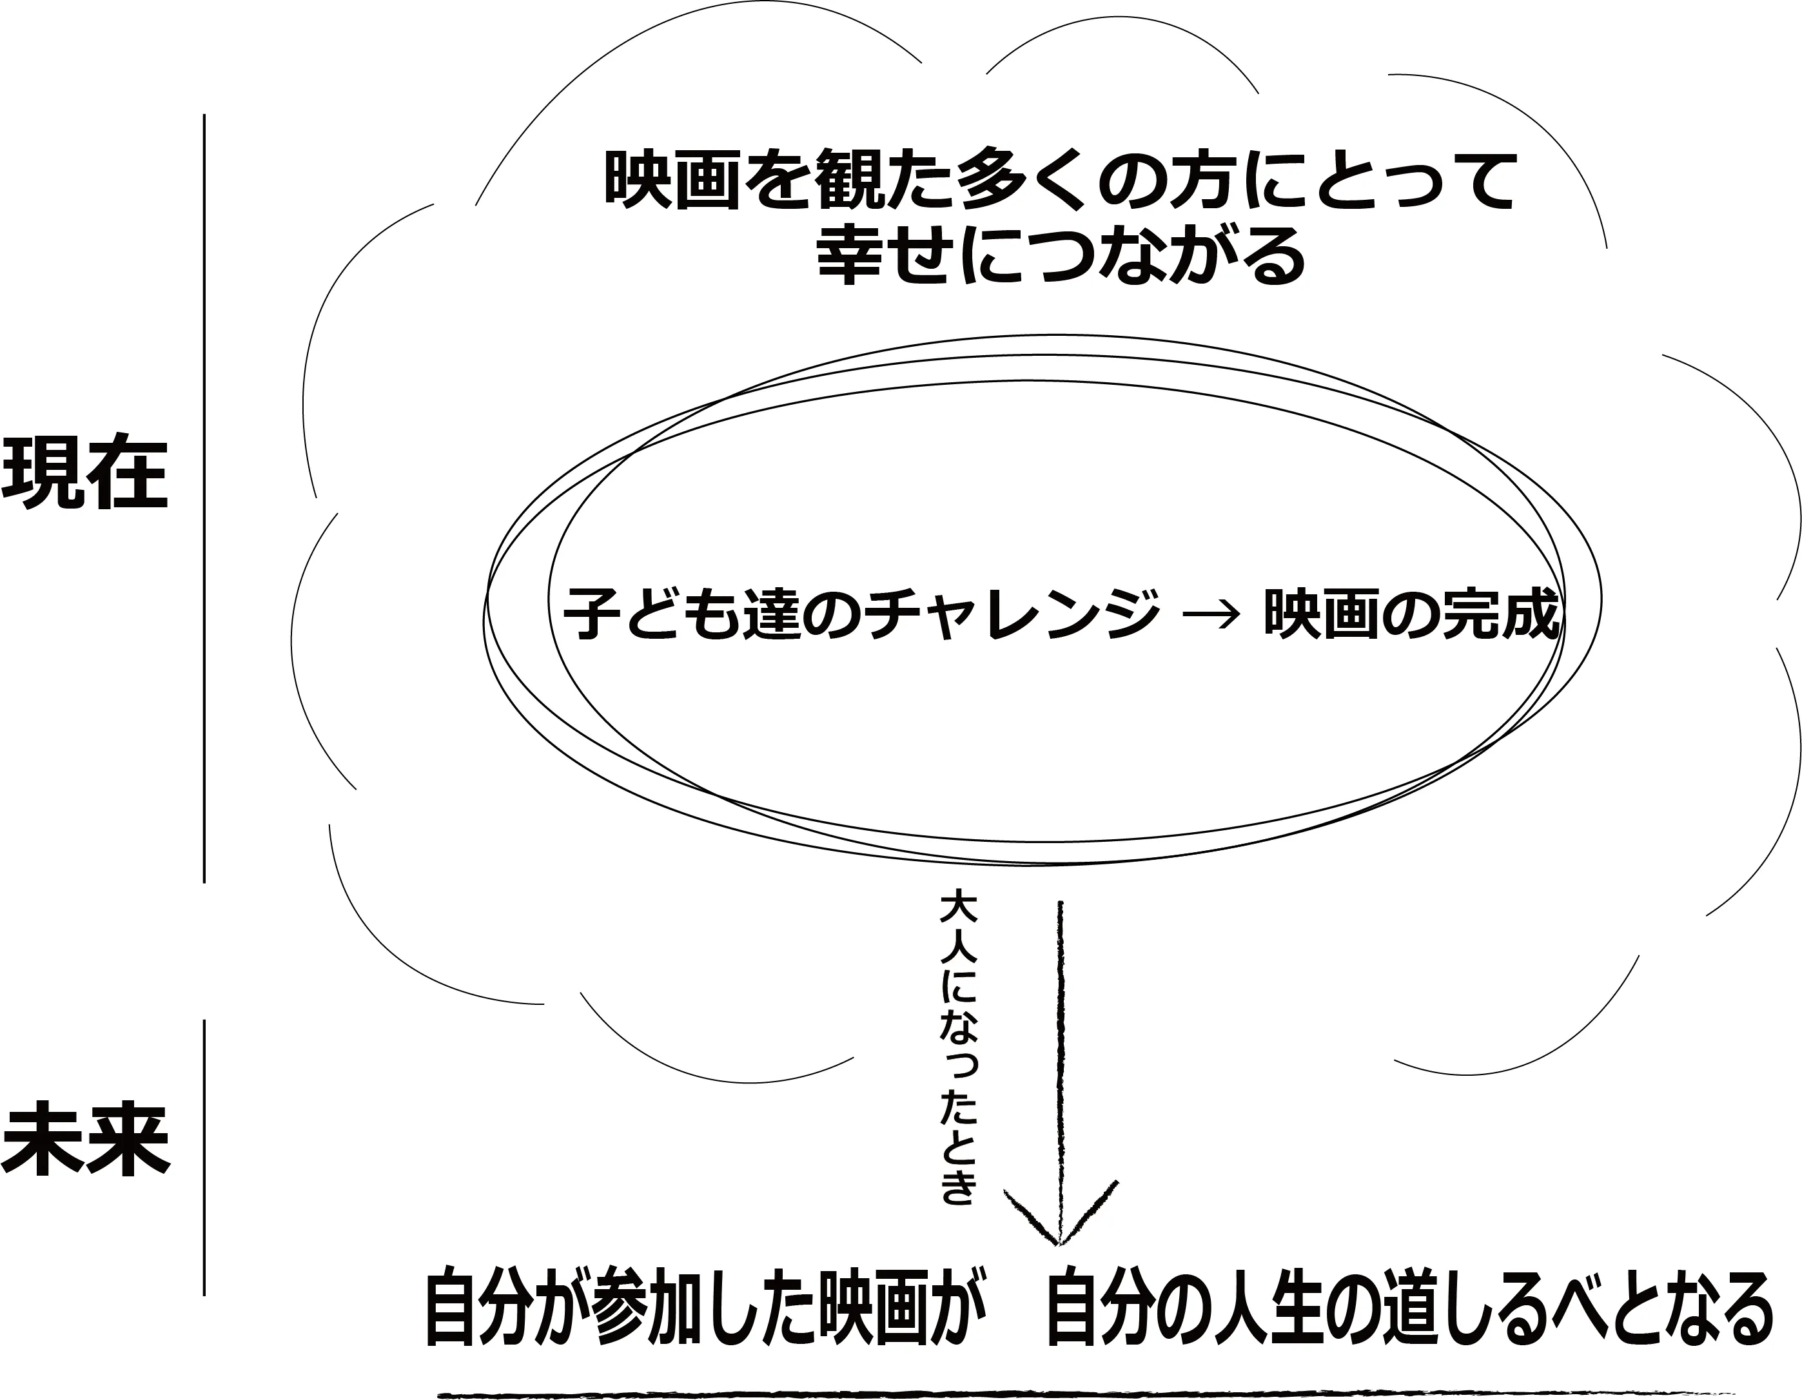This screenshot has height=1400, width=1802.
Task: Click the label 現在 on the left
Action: click(x=85, y=472)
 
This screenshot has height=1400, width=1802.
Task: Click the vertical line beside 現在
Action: click(x=204, y=499)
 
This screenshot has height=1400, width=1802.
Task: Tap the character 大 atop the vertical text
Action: click(x=958, y=909)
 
